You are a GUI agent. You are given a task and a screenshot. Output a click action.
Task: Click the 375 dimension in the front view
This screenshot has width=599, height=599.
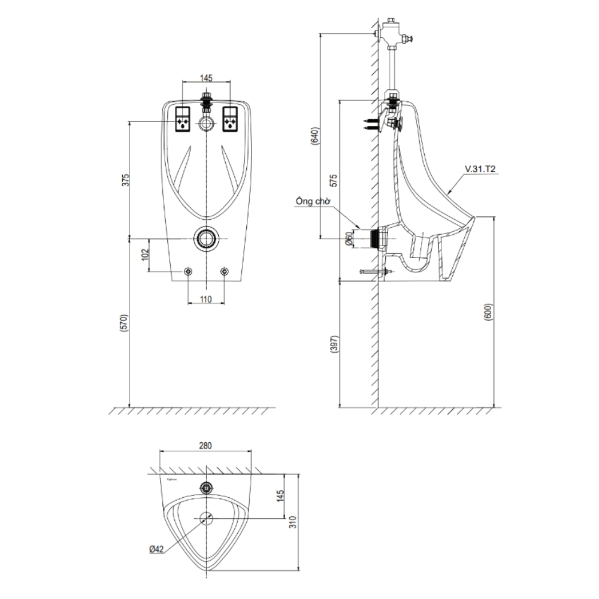pos(126,180)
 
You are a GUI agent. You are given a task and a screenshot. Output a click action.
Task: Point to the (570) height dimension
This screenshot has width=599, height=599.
pos(126,323)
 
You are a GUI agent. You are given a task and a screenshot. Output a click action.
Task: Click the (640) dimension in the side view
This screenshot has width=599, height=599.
pos(316,139)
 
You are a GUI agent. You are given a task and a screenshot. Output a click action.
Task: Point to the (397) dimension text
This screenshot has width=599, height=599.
pos(334,344)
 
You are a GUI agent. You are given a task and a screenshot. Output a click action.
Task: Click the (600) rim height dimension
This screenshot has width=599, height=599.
pos(488,313)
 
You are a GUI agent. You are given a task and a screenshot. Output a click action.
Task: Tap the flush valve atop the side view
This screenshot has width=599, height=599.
pos(393,33)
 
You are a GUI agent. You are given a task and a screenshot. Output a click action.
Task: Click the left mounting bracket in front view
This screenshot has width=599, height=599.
pos(183,119)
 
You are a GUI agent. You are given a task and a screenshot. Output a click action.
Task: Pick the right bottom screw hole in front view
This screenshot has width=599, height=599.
pos(225,272)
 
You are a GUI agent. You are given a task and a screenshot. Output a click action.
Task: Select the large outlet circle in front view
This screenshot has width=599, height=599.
pos(207,238)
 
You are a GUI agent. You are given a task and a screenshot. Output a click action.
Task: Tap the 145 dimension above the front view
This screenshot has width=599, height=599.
pos(207,78)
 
